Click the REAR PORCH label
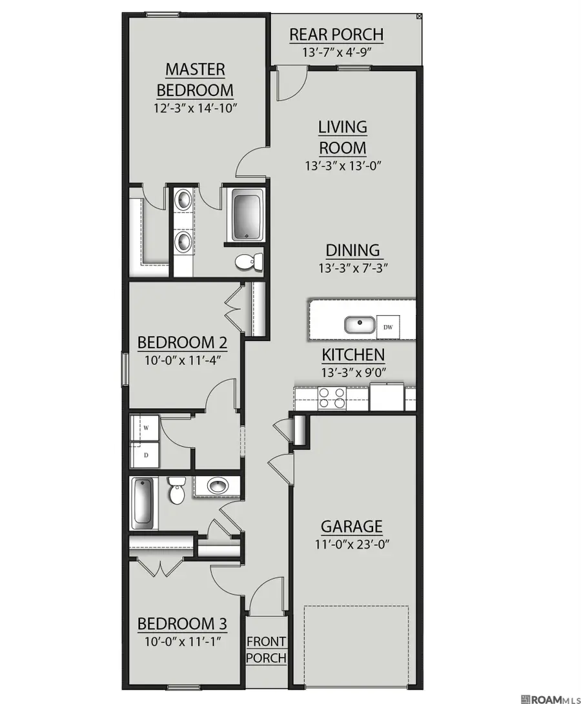pos(336,35)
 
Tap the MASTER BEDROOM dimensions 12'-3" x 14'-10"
pos(195,109)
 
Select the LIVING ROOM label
pos(343,137)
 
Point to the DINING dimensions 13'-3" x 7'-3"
pos(353,268)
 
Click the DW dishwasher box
pos(388,326)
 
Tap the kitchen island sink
pos(360,324)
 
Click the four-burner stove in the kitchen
pos(332,398)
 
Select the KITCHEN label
pos(353,355)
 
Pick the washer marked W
pos(145,428)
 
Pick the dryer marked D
pos(145,455)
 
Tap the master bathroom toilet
pos(250,261)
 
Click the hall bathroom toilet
pos(176,490)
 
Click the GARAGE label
pos(352,526)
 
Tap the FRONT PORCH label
pos(266,650)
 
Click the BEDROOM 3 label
pos(181,623)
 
